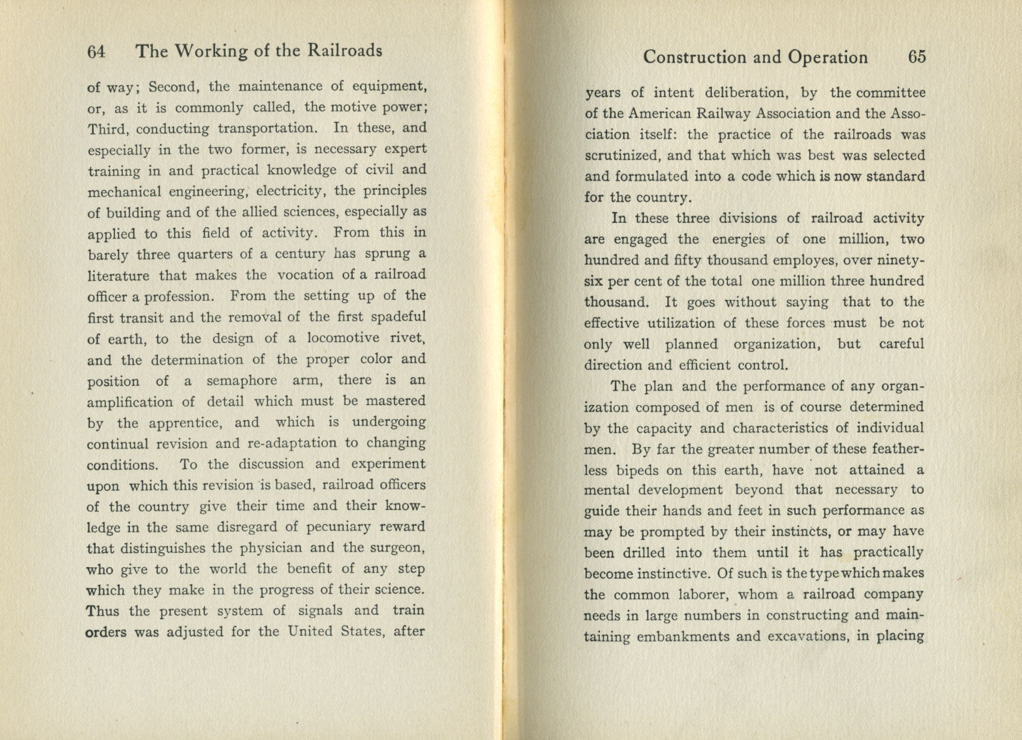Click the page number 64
pos(96,51)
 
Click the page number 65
pos(917,57)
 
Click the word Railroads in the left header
pos(345,51)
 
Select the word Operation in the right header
pos(828,58)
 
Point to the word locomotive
pos(343,338)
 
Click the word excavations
pos(807,636)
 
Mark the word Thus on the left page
pos(102,611)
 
